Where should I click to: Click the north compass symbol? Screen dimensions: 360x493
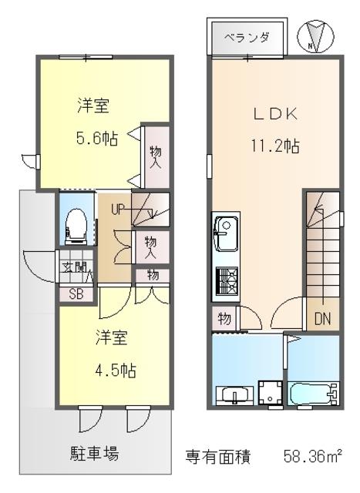tap(315, 36)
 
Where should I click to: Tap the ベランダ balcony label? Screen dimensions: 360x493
tap(247, 38)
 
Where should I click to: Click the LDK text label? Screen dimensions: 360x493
tap(275, 114)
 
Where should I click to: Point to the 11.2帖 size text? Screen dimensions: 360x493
tap(275, 146)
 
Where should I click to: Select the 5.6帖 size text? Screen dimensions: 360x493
tap(97, 138)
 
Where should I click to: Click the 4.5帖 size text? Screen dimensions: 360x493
tap(116, 370)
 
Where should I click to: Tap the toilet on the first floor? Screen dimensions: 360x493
tap(76, 226)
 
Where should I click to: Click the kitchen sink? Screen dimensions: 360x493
tap(226, 233)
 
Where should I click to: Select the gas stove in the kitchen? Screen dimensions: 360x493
tap(227, 280)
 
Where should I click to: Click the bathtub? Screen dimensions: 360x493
tap(314, 394)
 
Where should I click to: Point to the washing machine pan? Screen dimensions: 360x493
tap(271, 392)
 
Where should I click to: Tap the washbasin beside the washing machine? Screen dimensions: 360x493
tap(235, 395)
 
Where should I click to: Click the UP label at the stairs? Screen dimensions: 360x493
tap(118, 209)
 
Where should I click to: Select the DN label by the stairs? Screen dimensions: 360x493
tap(322, 319)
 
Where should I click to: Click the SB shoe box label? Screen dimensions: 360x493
tap(76, 294)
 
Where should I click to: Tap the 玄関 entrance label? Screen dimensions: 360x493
tap(74, 267)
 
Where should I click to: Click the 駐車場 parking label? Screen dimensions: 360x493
tap(94, 454)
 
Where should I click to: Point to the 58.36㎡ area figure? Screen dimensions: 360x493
tap(312, 456)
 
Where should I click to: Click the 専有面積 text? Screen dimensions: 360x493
tap(218, 457)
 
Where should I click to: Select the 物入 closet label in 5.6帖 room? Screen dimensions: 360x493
tap(156, 157)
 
